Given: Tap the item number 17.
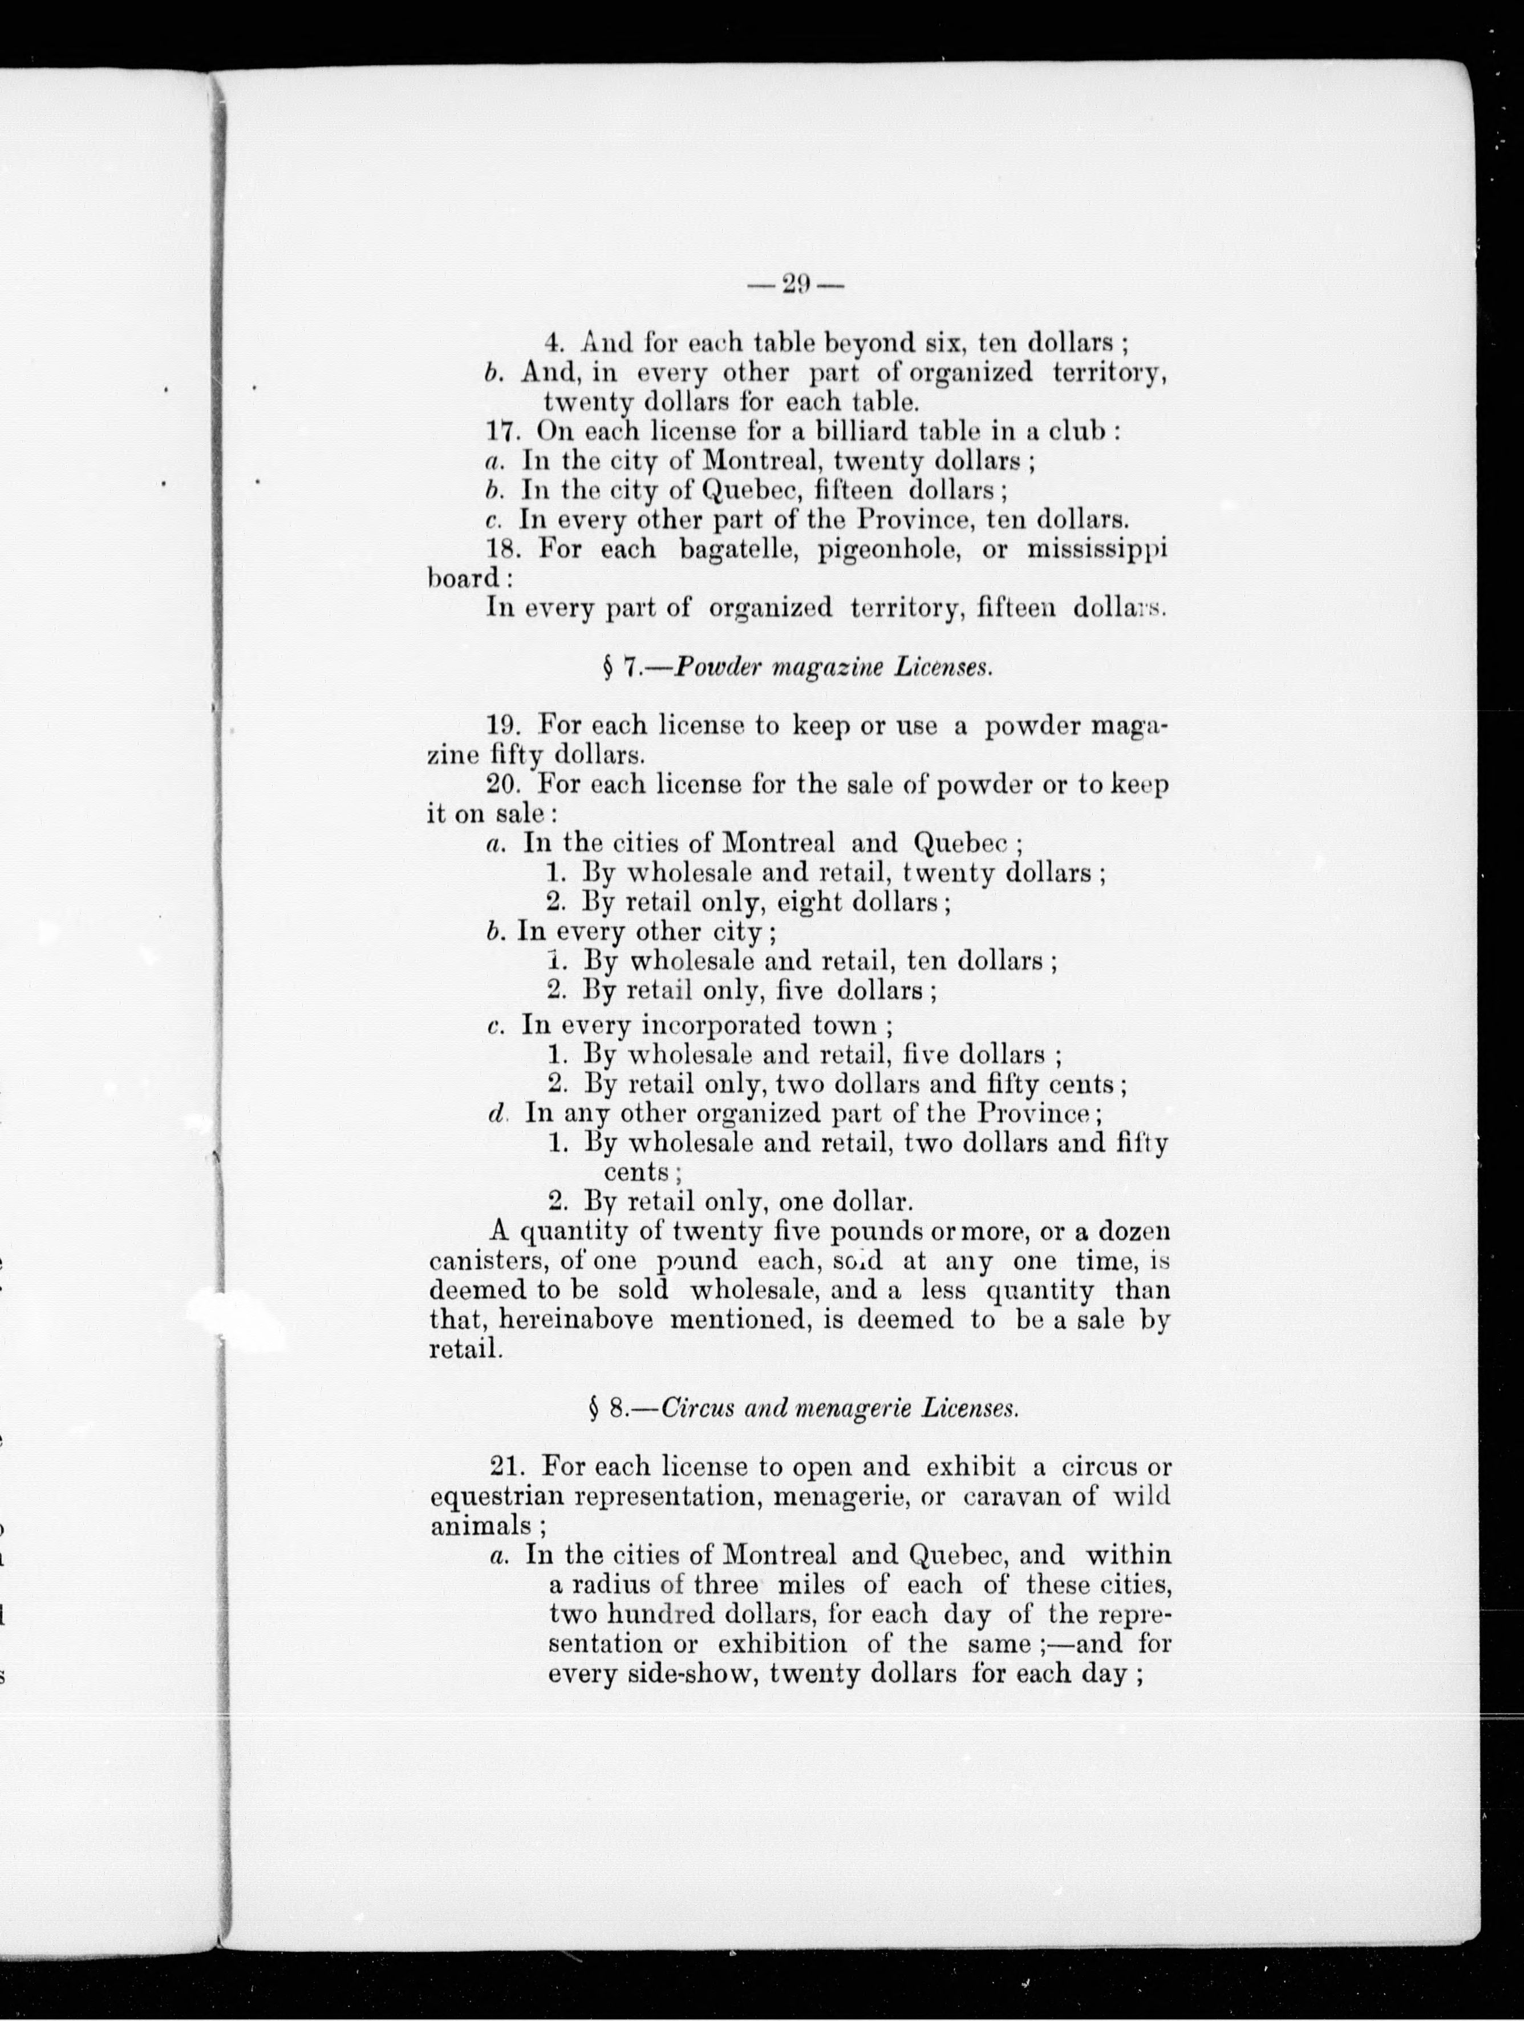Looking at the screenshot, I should (x=504, y=431).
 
